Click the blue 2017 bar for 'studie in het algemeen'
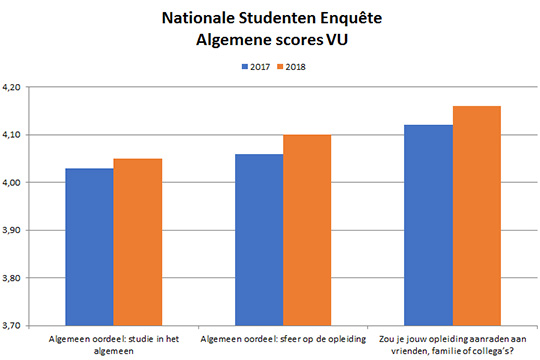(89, 246)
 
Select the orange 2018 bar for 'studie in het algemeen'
(137, 241)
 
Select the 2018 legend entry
(293, 66)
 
